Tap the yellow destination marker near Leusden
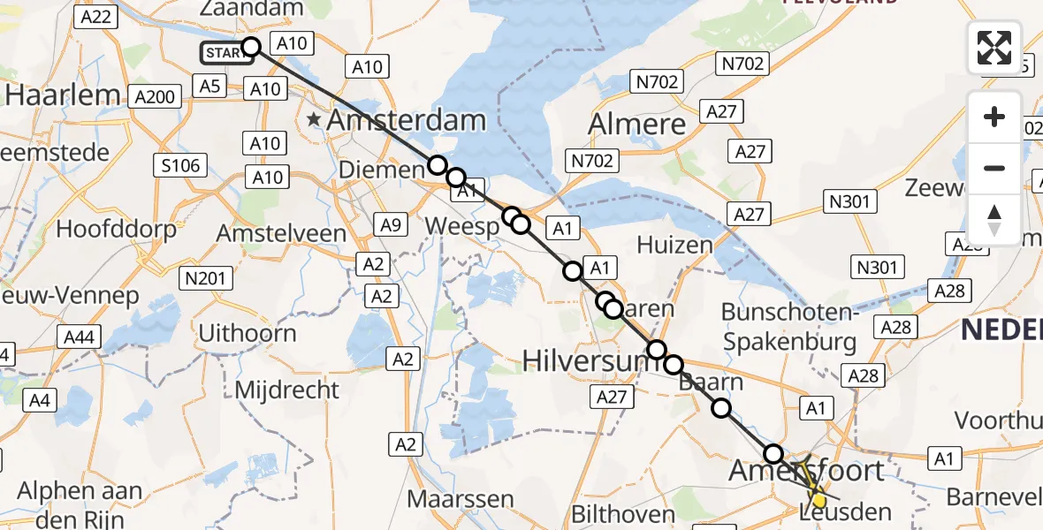(x=819, y=501)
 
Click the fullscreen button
(x=994, y=48)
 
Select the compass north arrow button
(x=994, y=220)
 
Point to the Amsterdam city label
(x=407, y=121)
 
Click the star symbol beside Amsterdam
(x=313, y=119)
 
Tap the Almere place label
(x=637, y=124)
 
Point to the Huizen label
(x=674, y=245)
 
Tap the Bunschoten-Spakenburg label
(x=788, y=327)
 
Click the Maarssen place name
(x=460, y=499)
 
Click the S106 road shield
(x=181, y=164)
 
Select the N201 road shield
(x=205, y=279)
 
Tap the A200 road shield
(x=156, y=96)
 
